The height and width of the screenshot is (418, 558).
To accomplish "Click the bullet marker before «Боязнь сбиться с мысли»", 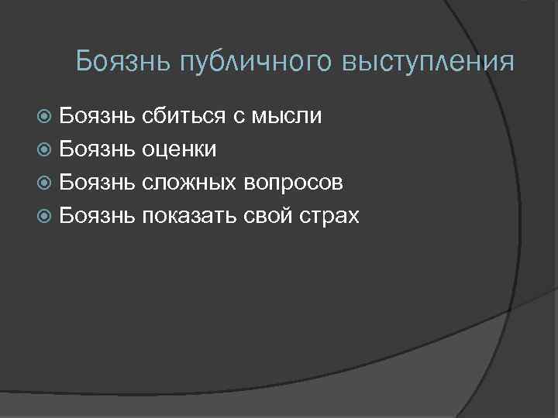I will [45, 117].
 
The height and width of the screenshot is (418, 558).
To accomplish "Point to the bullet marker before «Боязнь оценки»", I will [45, 149].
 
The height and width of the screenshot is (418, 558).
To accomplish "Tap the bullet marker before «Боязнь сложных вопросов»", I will [45, 183].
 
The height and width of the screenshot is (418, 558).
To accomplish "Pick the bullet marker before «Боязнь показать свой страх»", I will [45, 216].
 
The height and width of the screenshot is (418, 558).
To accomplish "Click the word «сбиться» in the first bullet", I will [184, 117].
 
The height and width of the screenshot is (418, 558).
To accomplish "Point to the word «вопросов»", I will [294, 183].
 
